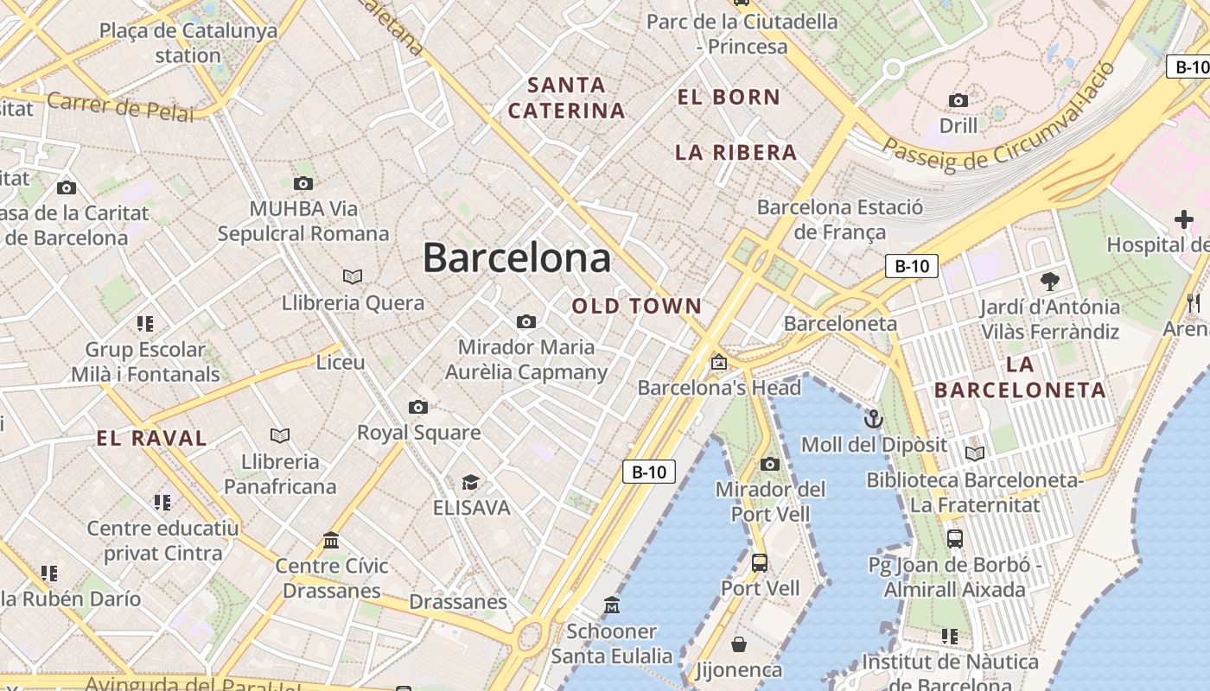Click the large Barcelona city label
(x=516, y=257)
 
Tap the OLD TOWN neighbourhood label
(x=637, y=306)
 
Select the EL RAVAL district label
(x=152, y=438)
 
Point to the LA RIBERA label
(x=736, y=153)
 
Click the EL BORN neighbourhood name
(x=729, y=98)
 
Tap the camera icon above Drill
(x=958, y=101)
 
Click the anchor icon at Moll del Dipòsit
(x=874, y=420)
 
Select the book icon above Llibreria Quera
(x=353, y=276)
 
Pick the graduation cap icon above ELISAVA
(x=470, y=482)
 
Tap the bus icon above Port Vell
(x=760, y=563)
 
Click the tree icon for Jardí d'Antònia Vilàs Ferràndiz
(x=1050, y=281)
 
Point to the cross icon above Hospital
(x=1183, y=219)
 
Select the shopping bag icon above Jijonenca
(x=739, y=644)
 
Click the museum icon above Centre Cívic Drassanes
(x=331, y=541)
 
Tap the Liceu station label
(x=341, y=362)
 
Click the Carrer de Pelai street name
(x=120, y=106)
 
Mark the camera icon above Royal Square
(x=418, y=407)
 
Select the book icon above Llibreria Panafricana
(x=280, y=435)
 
